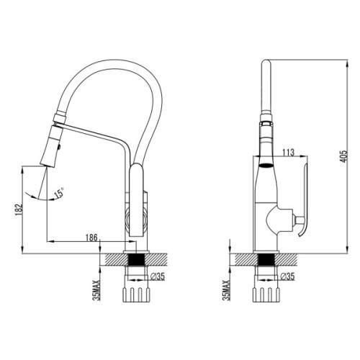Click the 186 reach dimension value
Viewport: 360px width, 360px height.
pos(91,236)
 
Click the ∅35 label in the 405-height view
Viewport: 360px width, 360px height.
pos(287,275)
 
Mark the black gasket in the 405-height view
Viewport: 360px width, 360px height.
pos(264,258)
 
